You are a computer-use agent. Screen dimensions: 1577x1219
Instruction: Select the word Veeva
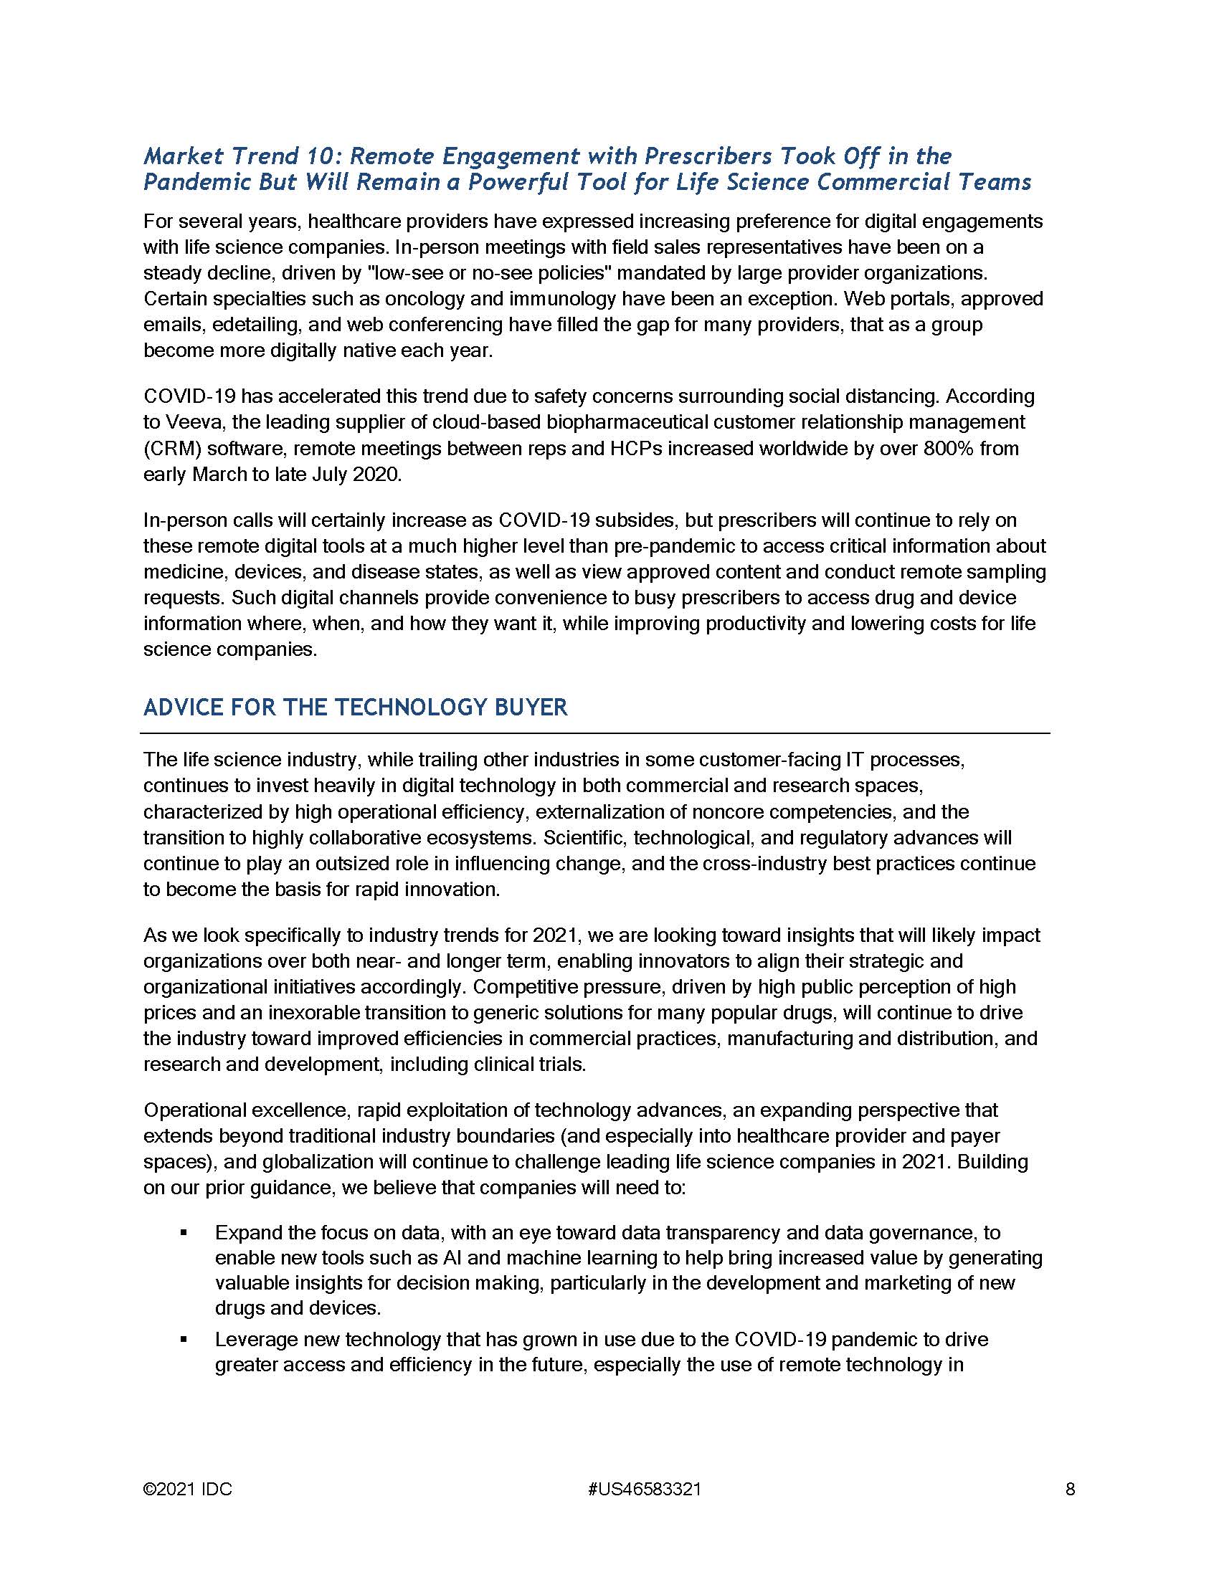pos(191,421)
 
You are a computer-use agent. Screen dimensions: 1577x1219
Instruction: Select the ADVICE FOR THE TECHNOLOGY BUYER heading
pos(355,707)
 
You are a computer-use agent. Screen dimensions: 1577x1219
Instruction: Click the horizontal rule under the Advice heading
pos(594,733)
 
